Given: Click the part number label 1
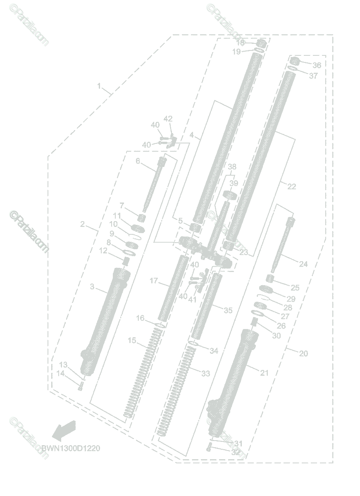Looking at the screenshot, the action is point(99,86).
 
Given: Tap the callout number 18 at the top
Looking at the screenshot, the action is point(240,43).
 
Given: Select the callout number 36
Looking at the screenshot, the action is point(317,65).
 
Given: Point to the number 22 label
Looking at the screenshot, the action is point(291,186).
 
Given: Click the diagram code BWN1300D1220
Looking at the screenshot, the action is point(70,448).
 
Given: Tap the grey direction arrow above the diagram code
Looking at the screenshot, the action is point(64,430).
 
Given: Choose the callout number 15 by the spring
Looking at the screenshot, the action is point(132,341).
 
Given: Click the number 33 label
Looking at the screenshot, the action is point(205,373).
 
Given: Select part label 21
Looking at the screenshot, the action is point(264,373).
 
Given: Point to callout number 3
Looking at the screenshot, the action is point(92,286).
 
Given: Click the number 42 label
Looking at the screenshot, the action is point(168,119).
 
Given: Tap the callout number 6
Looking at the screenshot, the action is point(138,161).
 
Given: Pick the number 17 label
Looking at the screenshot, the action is point(154,281).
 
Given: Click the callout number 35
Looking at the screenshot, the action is point(228,310).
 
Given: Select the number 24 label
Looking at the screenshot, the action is point(303,264).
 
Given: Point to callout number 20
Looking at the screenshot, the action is point(303,353).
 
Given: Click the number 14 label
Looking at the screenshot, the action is point(61,373).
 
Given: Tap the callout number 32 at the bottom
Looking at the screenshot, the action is point(236,452).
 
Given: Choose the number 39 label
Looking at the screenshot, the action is point(234,183).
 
